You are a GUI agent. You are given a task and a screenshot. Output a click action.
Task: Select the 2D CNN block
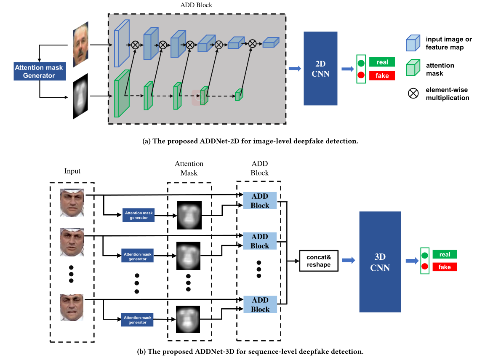click(320, 68)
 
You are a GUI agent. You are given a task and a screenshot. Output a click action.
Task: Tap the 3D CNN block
click(380, 261)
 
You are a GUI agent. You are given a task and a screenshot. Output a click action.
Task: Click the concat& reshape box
click(319, 261)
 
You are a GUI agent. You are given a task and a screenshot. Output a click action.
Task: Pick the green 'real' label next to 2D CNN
click(382, 62)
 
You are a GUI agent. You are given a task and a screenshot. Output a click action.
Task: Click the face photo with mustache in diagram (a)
click(80, 44)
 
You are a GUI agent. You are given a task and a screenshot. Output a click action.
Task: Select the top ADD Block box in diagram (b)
click(260, 200)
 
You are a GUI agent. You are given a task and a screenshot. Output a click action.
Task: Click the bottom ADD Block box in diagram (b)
click(260, 304)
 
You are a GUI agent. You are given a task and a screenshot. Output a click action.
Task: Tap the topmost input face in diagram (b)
click(72, 203)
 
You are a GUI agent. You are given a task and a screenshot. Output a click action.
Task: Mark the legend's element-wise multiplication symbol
click(413, 93)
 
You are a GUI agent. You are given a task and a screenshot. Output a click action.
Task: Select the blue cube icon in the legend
click(413, 43)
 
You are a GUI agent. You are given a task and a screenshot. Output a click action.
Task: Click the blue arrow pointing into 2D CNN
click(295, 69)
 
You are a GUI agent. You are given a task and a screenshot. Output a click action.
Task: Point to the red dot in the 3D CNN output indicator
click(424, 266)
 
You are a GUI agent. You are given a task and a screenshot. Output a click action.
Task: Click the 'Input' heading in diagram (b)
click(72, 171)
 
